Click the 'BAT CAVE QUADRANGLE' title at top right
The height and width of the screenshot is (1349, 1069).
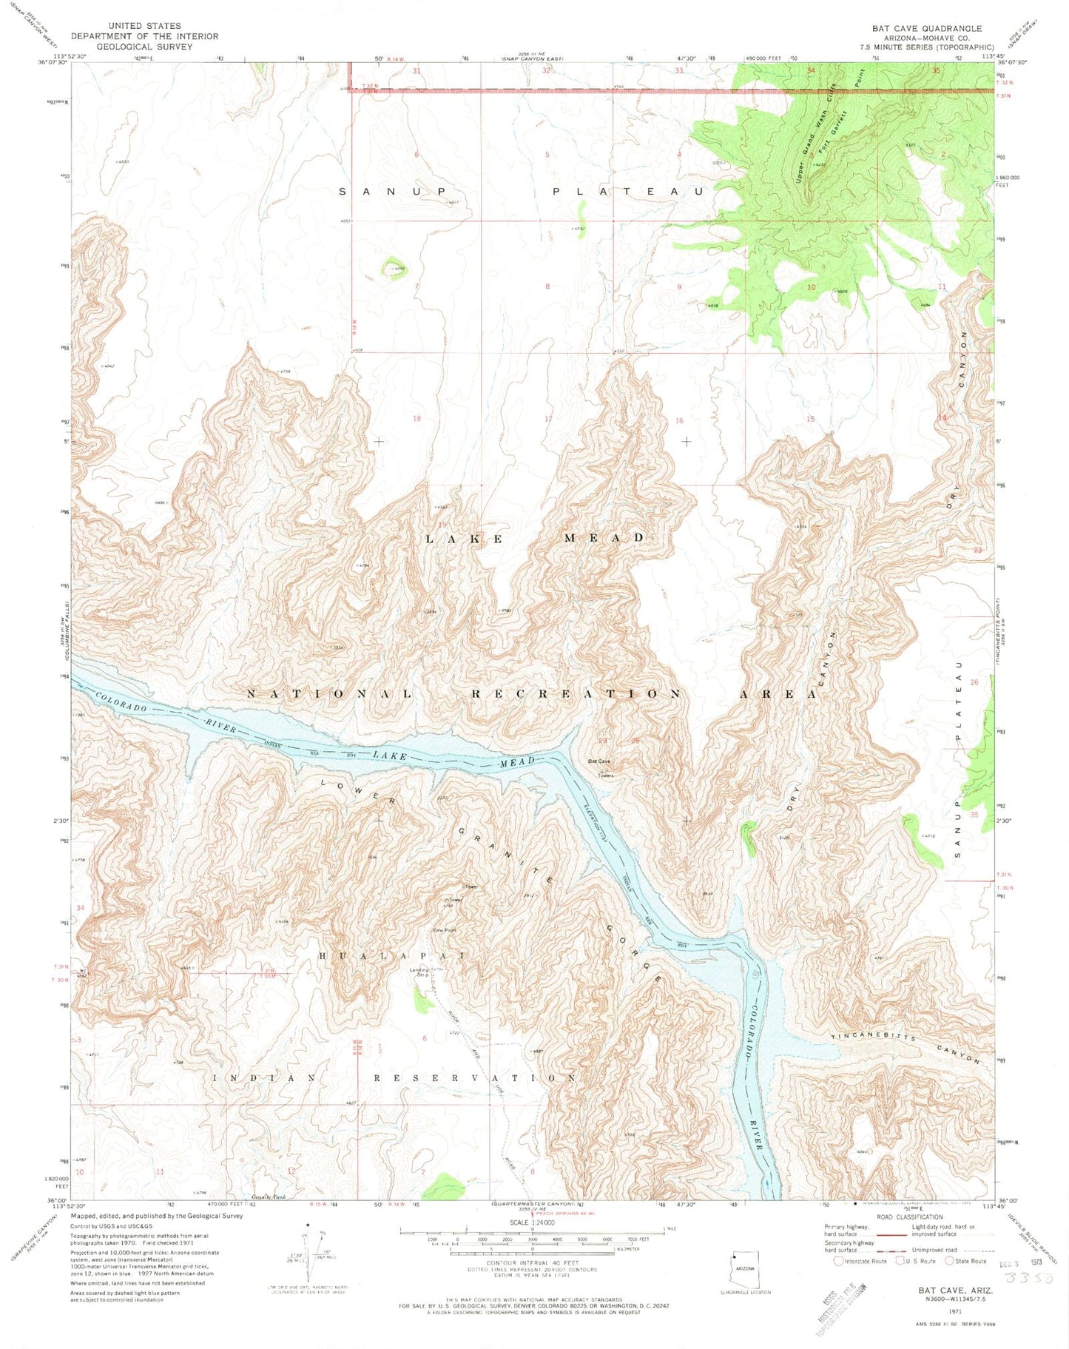pos(926,29)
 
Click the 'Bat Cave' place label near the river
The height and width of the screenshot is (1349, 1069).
pos(599,761)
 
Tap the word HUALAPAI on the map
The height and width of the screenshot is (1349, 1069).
pos(392,956)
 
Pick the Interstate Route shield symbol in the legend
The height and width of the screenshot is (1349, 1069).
pos(838,1261)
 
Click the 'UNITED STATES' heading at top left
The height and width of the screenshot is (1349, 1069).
pos(144,26)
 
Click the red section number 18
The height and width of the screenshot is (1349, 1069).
pos(417,419)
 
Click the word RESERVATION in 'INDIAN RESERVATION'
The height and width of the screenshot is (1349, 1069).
pos(474,1078)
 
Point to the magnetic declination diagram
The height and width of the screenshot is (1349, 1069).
pos(307,1251)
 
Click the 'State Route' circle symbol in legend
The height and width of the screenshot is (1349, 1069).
pos(949,1261)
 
